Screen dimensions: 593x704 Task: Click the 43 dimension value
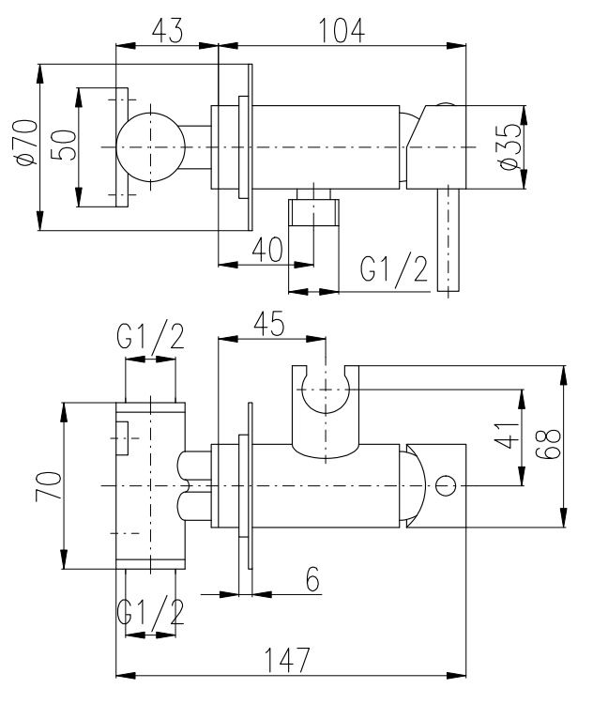[x=167, y=31]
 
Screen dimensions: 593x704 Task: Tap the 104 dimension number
[x=342, y=31]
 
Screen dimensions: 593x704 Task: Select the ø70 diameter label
[x=27, y=144]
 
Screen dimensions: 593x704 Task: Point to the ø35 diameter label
[x=511, y=145]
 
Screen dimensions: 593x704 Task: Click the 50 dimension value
[x=63, y=145]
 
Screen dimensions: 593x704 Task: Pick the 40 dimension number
[x=267, y=250]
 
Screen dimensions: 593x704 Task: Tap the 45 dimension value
[x=269, y=323]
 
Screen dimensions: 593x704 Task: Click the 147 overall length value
[x=287, y=660]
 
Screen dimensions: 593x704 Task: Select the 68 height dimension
[x=549, y=444]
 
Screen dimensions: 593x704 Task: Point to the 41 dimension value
[x=507, y=435]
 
